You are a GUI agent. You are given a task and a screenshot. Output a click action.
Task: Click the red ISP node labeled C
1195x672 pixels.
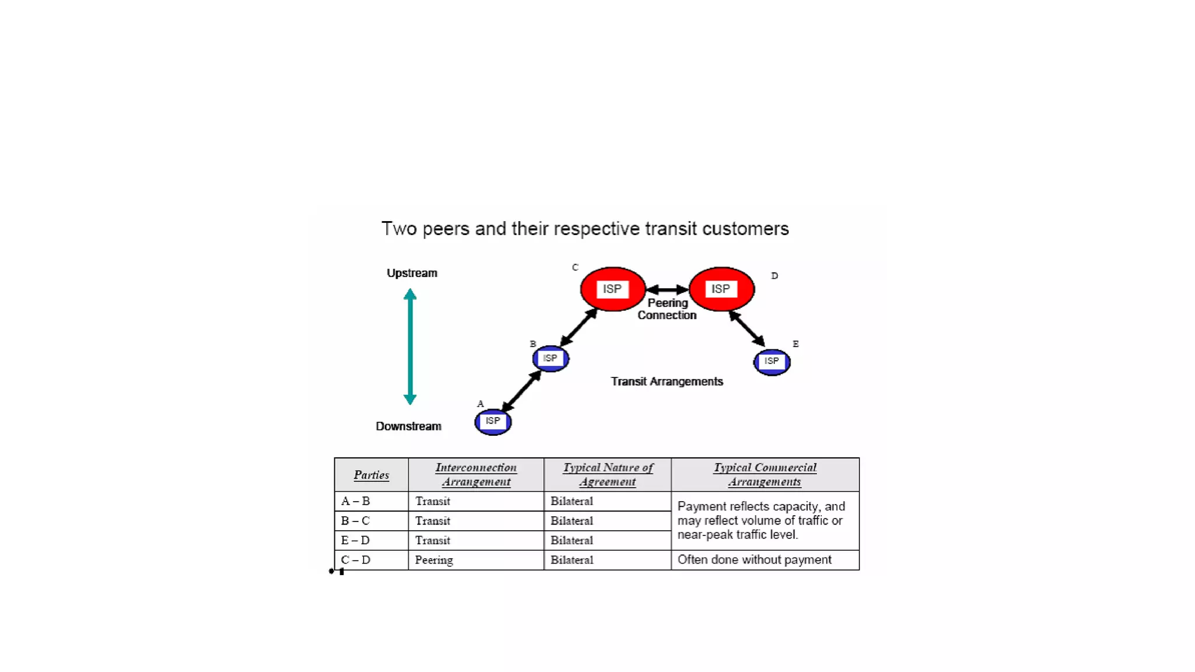pos(612,289)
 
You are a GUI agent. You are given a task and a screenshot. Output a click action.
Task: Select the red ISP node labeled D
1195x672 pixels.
pos(721,289)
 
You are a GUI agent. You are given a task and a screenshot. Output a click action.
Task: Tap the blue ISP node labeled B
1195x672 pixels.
pos(550,359)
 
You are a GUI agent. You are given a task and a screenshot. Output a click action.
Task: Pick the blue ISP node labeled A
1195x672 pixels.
pos(493,422)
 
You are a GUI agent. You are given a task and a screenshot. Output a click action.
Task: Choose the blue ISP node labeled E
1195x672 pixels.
pos(771,362)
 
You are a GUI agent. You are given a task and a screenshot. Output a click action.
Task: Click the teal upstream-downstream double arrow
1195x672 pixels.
pos(410,346)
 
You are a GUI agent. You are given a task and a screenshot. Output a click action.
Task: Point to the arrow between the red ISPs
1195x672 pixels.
pos(667,290)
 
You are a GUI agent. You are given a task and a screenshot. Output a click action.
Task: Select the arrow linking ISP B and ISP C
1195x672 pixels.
pos(578,327)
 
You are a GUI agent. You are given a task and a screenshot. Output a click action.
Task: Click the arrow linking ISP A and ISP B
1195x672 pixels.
pos(522,391)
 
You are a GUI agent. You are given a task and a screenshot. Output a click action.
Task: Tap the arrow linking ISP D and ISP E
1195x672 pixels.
pos(746,328)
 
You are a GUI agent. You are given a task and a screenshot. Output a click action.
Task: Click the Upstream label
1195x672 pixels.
pos(411,273)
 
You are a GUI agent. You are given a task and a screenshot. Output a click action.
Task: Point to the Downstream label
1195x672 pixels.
pos(408,426)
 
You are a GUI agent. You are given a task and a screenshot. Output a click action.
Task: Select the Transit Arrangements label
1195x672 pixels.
pos(666,381)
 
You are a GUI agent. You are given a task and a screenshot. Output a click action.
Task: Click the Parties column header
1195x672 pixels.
pos(371,475)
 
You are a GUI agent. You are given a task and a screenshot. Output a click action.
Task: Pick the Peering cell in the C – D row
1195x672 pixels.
pos(434,560)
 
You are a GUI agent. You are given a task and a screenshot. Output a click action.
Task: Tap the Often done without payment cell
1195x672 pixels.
pos(754,560)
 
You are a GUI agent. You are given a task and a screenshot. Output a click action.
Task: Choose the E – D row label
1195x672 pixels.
pos(355,541)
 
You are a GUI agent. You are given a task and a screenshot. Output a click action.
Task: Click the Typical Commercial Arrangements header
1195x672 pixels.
pos(764,474)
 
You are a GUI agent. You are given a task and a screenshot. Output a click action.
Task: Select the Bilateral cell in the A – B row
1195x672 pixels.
pos(571,501)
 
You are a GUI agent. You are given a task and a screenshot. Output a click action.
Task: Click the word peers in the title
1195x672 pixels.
pos(446,229)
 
